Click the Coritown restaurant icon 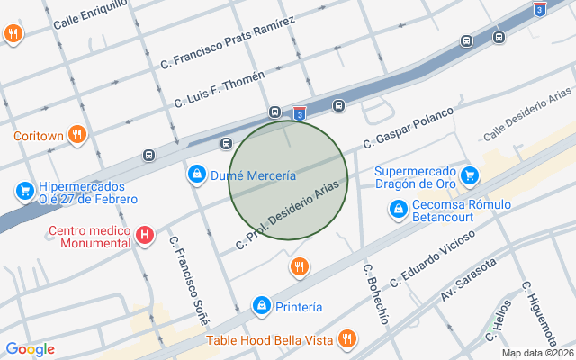point(78,135)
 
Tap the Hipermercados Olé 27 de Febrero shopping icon point(24,192)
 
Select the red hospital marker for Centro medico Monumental point(145,237)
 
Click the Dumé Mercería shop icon point(195,174)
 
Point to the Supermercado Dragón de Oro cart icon point(468,175)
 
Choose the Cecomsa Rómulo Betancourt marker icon point(398,209)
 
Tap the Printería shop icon point(261,306)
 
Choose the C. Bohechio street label point(375,293)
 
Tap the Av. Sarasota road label point(468,282)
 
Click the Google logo point(30,349)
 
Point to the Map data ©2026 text point(536,353)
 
